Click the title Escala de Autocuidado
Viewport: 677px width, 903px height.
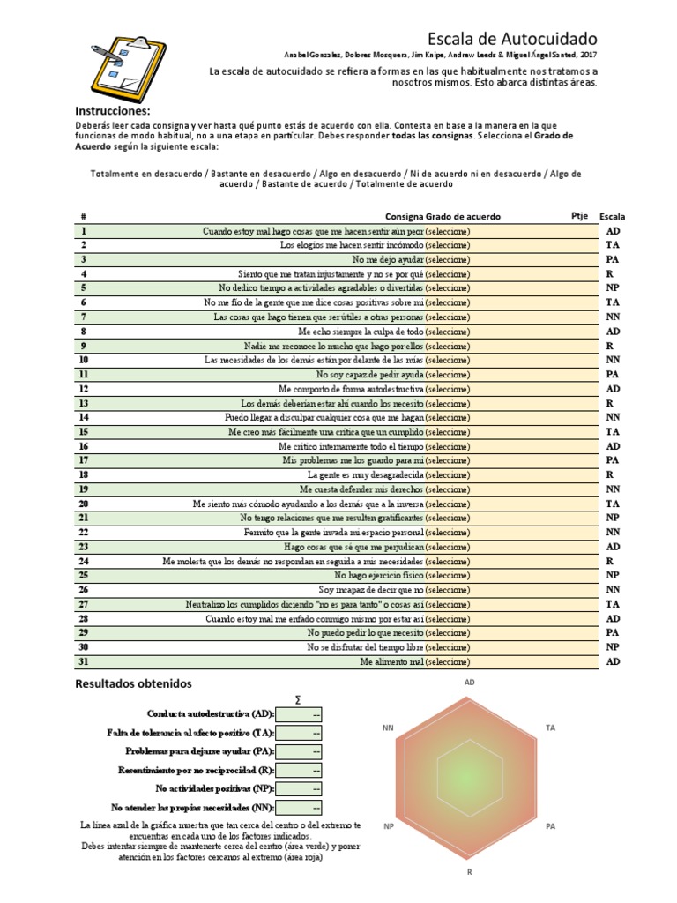pos(512,39)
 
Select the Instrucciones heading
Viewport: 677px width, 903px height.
pos(113,111)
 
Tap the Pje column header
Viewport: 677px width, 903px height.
pos(579,215)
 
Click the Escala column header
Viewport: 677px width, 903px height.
pos(613,216)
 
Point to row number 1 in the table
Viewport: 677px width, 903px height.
pos(83,231)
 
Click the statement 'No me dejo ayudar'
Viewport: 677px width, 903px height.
pos(388,260)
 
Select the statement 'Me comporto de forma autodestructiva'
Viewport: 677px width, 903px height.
pos(351,389)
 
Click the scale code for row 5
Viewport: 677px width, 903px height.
pos(613,288)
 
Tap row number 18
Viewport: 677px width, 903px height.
pos(84,474)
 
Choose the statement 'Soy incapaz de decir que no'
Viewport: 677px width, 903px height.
pos(370,590)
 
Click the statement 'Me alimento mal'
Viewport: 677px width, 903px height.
pos(391,661)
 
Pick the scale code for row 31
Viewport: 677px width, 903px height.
pos(613,661)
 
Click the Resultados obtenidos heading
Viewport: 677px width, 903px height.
pos(133,683)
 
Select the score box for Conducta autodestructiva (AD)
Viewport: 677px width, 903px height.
pos(300,714)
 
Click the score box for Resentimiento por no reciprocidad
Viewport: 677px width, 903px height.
pos(300,770)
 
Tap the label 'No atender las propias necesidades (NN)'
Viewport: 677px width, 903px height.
pos(193,807)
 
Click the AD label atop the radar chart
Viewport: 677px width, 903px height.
pos(470,683)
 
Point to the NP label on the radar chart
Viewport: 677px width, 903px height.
pos(389,826)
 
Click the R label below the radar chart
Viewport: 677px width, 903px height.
pos(470,870)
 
